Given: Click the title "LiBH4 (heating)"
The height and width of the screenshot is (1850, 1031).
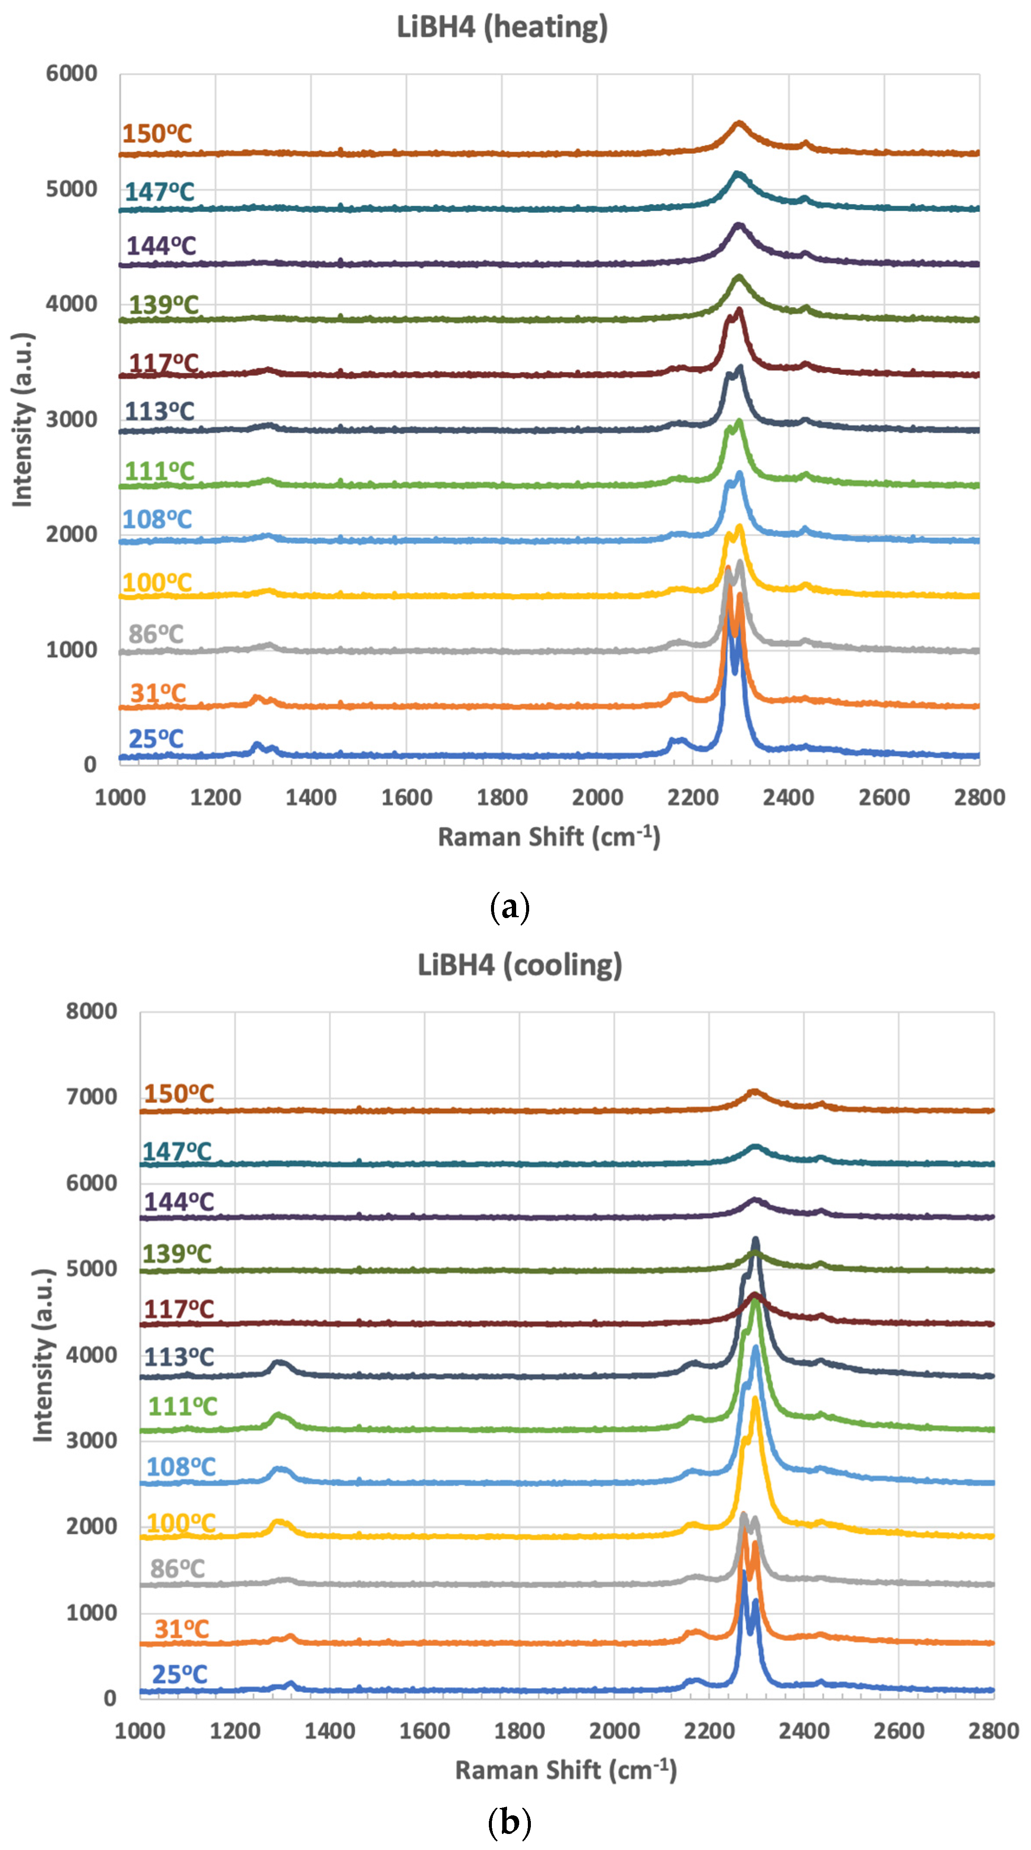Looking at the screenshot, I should point(502,27).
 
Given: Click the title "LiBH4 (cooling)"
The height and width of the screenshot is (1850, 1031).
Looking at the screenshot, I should point(520,965).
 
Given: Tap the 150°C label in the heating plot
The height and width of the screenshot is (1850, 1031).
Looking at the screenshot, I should point(156,133).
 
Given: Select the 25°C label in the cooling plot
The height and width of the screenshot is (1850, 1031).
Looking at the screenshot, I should point(179,1674).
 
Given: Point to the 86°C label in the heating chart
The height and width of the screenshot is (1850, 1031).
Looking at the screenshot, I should point(156,634).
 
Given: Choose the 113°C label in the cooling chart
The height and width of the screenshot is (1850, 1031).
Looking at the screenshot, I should point(179,1357).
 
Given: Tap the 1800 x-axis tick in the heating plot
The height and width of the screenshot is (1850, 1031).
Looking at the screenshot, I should point(501,797).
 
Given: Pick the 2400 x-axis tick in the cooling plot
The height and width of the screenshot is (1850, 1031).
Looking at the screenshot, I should point(803,1731).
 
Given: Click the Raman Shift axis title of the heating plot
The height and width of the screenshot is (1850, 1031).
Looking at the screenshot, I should point(549,837).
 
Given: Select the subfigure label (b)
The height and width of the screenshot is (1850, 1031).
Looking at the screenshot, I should point(509,1821).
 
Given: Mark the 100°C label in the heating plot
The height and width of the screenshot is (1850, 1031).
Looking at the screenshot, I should point(156,582).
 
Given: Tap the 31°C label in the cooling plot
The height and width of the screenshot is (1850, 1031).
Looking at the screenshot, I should point(181,1629).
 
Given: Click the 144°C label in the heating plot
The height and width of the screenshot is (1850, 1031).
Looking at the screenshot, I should point(161,246).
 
